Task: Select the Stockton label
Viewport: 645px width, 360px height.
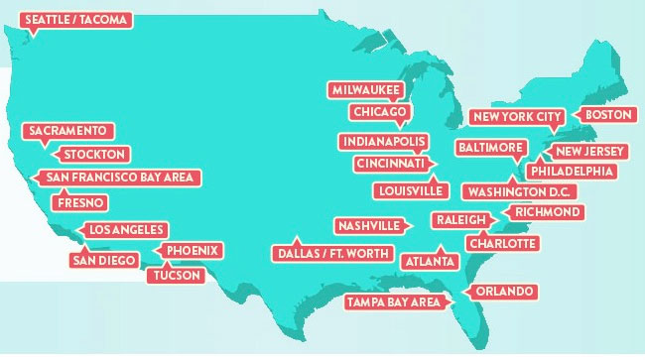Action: click(94, 155)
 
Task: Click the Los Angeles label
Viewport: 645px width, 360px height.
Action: click(122, 230)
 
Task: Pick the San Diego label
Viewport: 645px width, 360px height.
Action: click(103, 260)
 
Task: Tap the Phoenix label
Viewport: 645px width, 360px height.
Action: click(193, 250)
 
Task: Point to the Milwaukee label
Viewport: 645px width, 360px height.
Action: click(364, 89)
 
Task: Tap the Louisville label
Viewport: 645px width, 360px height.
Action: click(409, 189)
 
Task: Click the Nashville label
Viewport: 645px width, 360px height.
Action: click(368, 225)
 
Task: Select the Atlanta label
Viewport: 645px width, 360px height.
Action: click(431, 261)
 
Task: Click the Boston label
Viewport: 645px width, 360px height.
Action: click(608, 115)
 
